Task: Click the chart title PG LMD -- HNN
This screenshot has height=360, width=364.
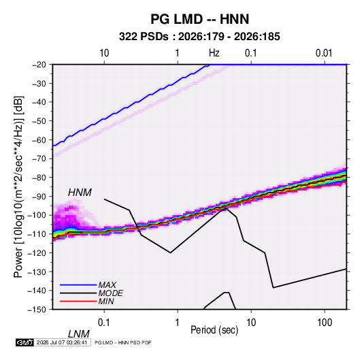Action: (199, 19)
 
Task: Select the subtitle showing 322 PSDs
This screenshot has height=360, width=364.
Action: (199, 37)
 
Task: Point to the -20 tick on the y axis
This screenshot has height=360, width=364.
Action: (39, 65)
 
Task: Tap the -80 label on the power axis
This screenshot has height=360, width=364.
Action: (39, 178)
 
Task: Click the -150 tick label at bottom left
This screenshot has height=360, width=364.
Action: (37, 309)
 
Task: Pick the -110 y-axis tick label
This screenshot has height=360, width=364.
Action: (37, 234)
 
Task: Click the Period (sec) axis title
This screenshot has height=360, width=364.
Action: (214, 330)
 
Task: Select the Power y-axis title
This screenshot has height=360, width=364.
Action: (18, 187)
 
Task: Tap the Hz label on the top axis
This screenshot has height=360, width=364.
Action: (214, 53)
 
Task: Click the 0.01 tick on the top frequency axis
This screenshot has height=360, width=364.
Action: (324, 53)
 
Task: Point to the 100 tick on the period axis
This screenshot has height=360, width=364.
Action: (325, 323)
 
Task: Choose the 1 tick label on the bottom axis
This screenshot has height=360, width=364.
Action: (178, 323)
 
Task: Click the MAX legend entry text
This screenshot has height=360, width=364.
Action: (107, 284)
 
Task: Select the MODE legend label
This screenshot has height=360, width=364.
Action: (110, 293)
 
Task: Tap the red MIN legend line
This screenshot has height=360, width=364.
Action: (78, 301)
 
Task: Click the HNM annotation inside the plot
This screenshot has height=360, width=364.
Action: (80, 193)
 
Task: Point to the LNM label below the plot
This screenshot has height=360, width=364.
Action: (79, 334)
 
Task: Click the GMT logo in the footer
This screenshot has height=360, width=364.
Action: (25, 342)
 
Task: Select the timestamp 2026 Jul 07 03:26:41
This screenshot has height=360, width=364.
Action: (62, 342)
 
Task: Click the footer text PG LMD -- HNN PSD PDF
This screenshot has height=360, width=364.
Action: (122, 342)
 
